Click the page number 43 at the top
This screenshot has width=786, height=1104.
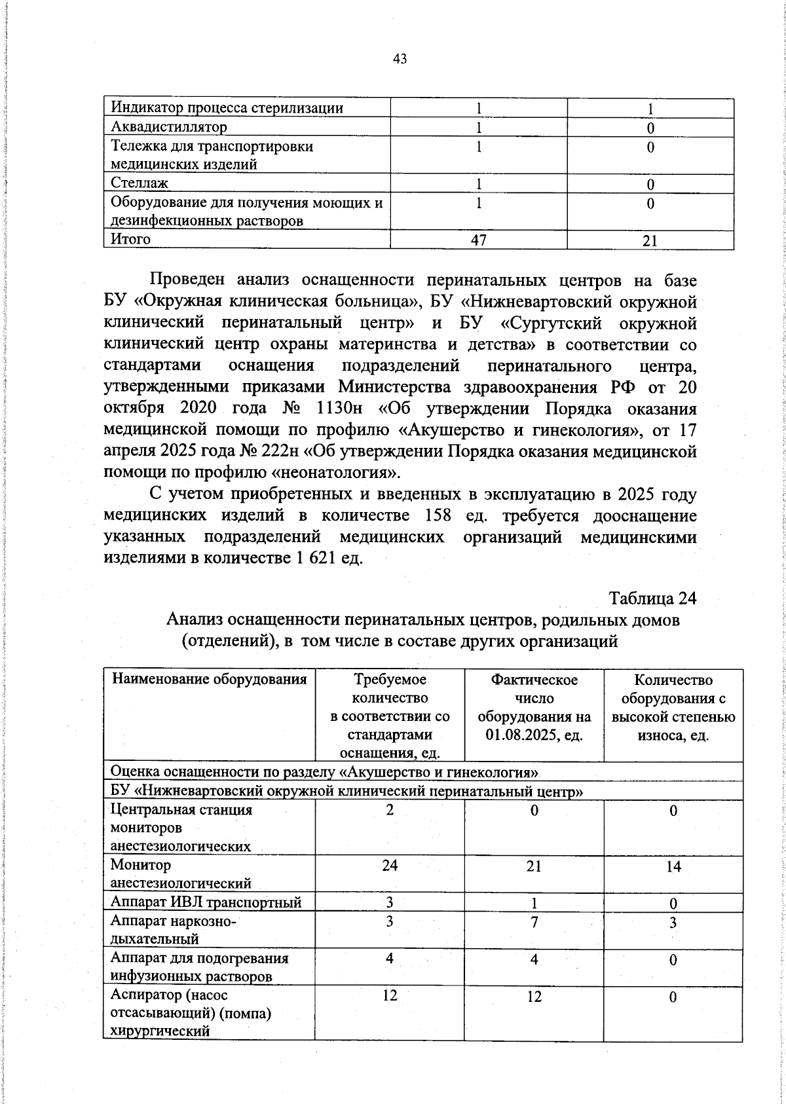coord(400,59)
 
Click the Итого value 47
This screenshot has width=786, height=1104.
coord(479,240)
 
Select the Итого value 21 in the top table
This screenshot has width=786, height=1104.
coord(650,241)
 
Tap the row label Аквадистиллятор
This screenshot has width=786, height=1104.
coord(169,127)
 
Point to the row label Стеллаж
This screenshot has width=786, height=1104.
coord(140,183)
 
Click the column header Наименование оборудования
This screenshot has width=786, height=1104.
coord(210,679)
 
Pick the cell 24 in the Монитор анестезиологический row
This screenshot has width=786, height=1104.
coord(390,865)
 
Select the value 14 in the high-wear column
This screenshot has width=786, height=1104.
coord(673,866)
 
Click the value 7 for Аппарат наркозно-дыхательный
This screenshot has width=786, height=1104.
coord(534,922)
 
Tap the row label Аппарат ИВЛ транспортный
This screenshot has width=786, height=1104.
coord(206,903)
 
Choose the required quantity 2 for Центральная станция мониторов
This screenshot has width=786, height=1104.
coord(390,809)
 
